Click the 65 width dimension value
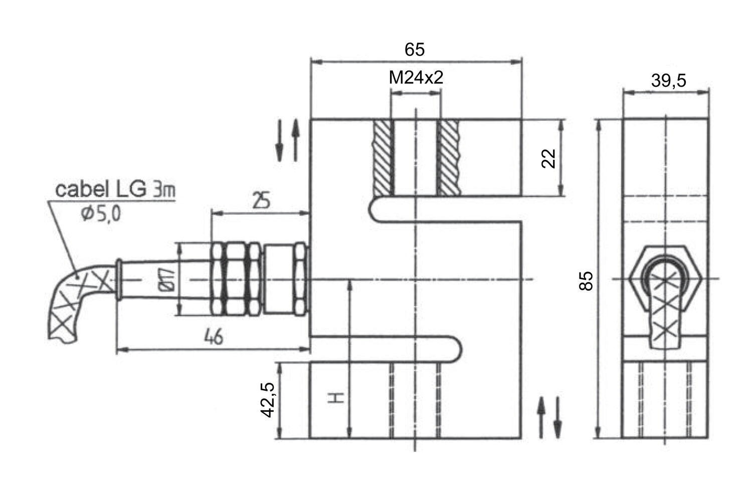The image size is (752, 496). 414,50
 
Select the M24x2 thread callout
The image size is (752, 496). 416,78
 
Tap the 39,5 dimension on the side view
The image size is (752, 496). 668,81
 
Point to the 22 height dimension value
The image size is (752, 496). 549,158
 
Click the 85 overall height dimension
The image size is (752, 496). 586,281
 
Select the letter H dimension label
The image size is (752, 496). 335,398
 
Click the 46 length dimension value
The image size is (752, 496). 214,337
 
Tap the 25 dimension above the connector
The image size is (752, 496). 261,200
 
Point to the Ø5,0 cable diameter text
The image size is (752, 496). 101,214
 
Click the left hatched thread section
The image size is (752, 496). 383,158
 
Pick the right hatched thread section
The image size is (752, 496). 449,158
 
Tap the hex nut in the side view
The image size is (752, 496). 665,278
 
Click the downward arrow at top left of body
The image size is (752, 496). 279,141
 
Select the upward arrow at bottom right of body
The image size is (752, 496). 541,417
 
